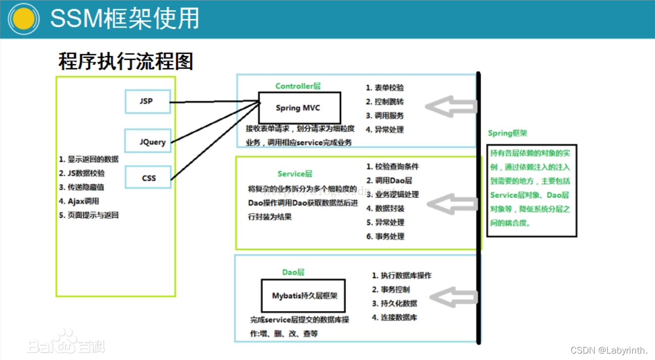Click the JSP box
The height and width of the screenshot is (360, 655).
pos(148,102)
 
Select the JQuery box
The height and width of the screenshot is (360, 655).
pos(148,142)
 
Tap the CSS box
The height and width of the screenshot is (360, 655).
pos(148,178)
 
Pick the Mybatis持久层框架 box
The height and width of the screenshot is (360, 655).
pos(303,296)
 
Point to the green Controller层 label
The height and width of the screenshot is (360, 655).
pos(298,86)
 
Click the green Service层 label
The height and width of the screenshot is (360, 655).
pos(295,174)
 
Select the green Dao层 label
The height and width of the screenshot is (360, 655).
pos(293,272)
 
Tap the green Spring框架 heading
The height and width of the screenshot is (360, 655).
pos(507,133)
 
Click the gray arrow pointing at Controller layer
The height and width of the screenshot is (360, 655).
pos(451,107)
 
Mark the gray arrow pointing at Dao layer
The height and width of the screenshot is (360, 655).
pos(453,297)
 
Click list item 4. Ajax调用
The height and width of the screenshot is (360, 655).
pos(79,201)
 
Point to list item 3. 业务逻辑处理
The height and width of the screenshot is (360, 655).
pos(392,195)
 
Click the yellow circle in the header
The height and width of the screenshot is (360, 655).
pos(23,19)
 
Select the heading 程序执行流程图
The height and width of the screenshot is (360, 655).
pos(125,62)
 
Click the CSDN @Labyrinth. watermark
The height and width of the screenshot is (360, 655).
pos(609,350)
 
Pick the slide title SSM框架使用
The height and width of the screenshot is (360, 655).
pos(125,19)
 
